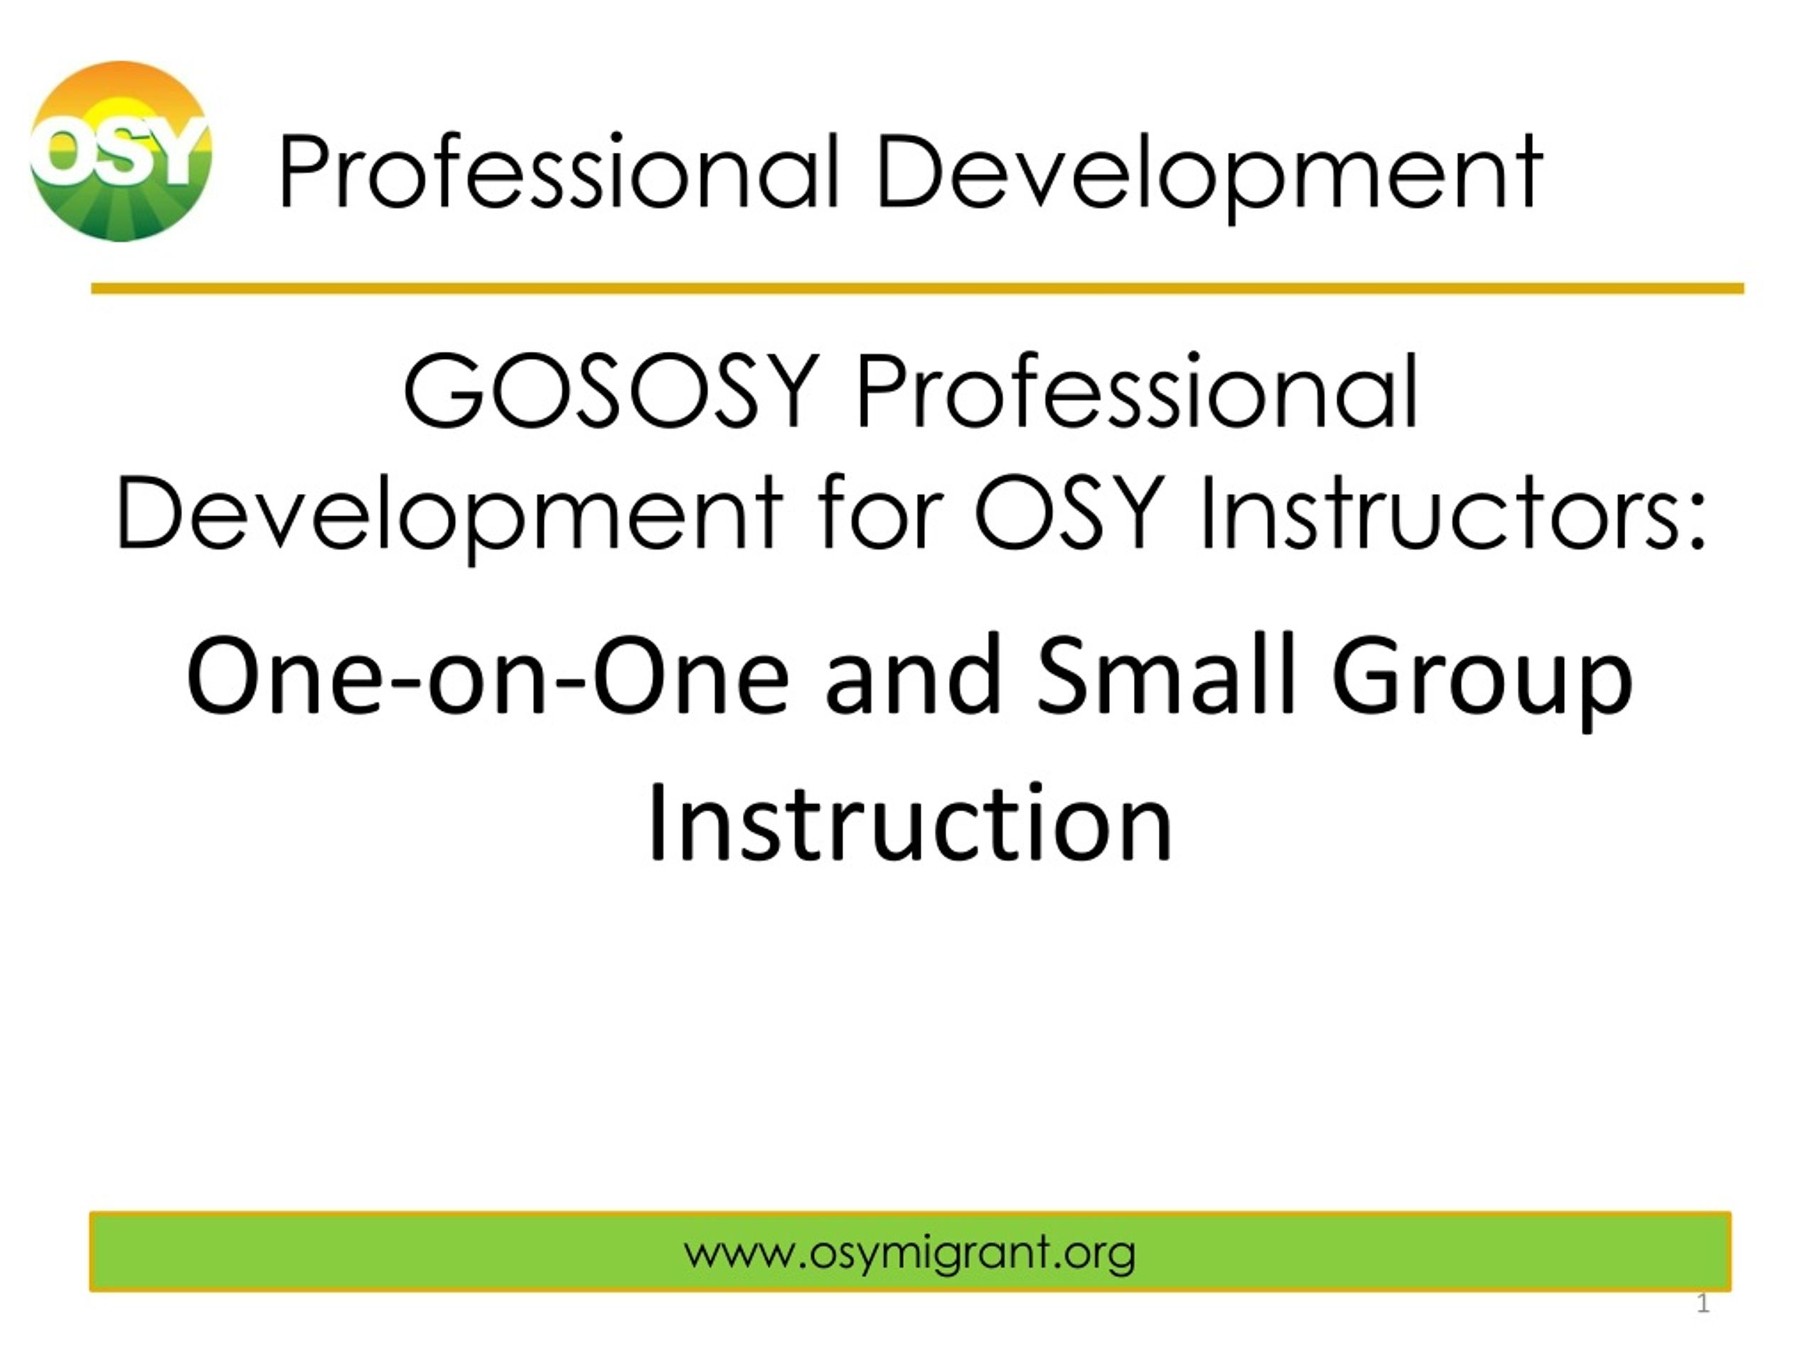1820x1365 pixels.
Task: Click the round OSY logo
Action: tap(121, 151)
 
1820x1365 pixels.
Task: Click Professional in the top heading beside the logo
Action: tap(559, 172)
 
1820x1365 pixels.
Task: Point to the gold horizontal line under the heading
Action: tap(917, 288)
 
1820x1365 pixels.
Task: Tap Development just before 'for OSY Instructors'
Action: tap(449, 513)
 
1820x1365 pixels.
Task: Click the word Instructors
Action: tap(1439, 512)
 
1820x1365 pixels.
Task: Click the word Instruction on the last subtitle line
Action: tap(910, 822)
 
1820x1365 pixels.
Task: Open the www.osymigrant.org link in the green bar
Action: tap(909, 1255)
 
